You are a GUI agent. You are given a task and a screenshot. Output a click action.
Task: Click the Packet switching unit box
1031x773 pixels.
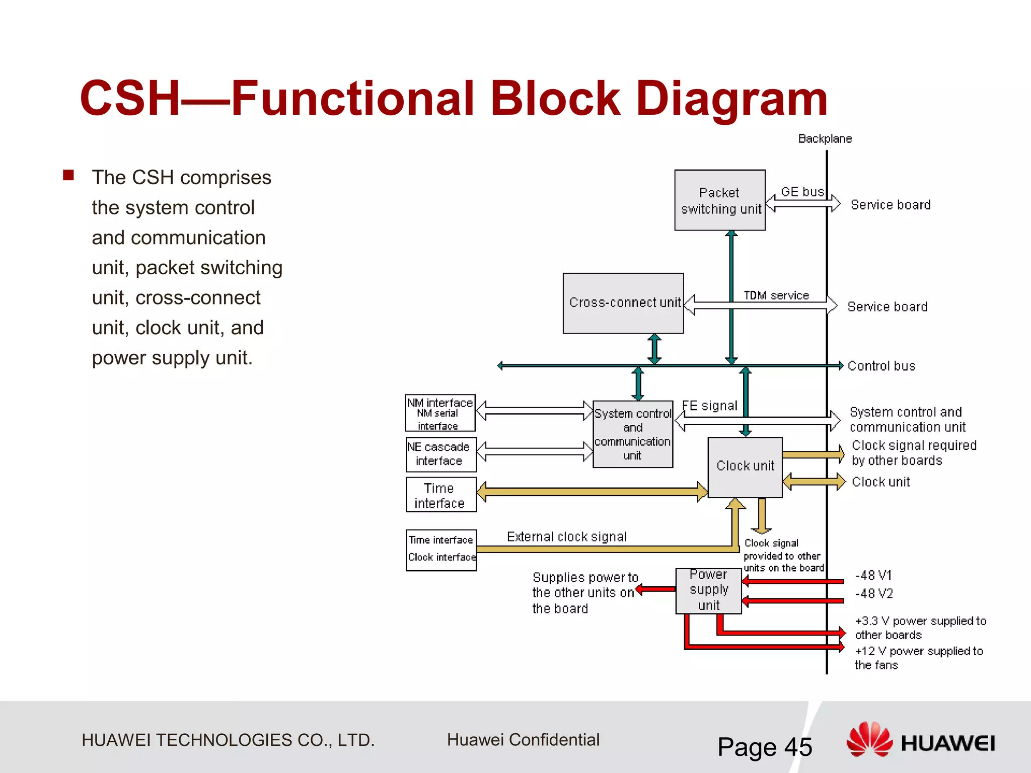719,200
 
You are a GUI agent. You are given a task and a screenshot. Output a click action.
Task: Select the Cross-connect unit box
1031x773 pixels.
623,303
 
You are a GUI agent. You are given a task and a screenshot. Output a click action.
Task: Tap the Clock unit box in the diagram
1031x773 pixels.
745,467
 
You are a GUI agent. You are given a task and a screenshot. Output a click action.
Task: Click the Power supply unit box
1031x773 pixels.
708,590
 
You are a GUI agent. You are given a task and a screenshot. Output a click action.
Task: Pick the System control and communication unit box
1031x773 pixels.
633,434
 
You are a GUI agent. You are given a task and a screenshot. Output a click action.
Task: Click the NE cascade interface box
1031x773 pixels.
440,454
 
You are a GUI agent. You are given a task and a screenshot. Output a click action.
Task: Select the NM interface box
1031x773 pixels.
440,413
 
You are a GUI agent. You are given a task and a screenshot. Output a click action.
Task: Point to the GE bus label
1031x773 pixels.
802,192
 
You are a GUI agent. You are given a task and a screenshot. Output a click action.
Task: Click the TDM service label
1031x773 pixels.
776,295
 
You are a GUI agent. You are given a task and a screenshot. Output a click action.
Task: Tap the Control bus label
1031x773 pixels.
881,366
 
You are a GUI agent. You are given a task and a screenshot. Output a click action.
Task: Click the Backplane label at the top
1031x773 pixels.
825,139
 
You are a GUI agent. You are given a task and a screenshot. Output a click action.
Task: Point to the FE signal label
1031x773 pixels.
710,406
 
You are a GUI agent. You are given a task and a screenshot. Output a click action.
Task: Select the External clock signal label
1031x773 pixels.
567,537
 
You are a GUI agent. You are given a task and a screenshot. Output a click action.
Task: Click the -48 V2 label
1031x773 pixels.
874,594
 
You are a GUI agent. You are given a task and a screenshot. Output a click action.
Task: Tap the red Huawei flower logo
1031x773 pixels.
869,739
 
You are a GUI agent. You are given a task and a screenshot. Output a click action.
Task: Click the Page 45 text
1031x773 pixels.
764,747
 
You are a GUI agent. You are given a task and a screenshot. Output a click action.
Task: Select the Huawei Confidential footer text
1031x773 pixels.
523,740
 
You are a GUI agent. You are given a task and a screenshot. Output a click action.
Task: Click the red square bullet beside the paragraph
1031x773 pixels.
68,175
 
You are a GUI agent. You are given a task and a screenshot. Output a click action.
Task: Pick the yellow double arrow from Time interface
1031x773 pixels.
592,492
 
